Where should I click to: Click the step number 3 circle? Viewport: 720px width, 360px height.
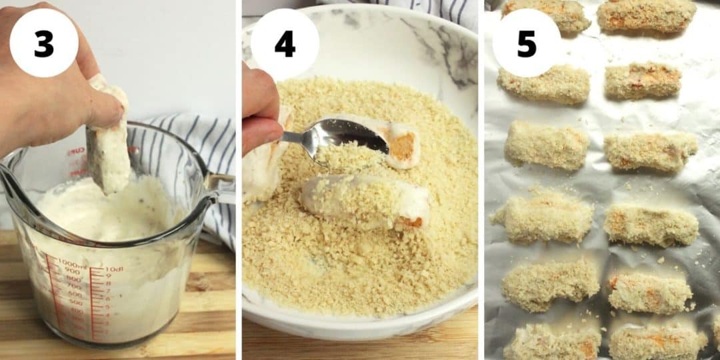(x=44, y=43)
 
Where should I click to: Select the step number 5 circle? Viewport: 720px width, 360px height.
(x=527, y=43)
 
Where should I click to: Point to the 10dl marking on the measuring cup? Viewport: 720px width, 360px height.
(x=114, y=269)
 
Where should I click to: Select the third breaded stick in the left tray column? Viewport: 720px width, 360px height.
(x=547, y=145)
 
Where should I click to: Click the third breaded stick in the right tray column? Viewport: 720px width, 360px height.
(x=649, y=151)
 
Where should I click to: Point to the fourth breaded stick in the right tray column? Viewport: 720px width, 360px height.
(x=651, y=225)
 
